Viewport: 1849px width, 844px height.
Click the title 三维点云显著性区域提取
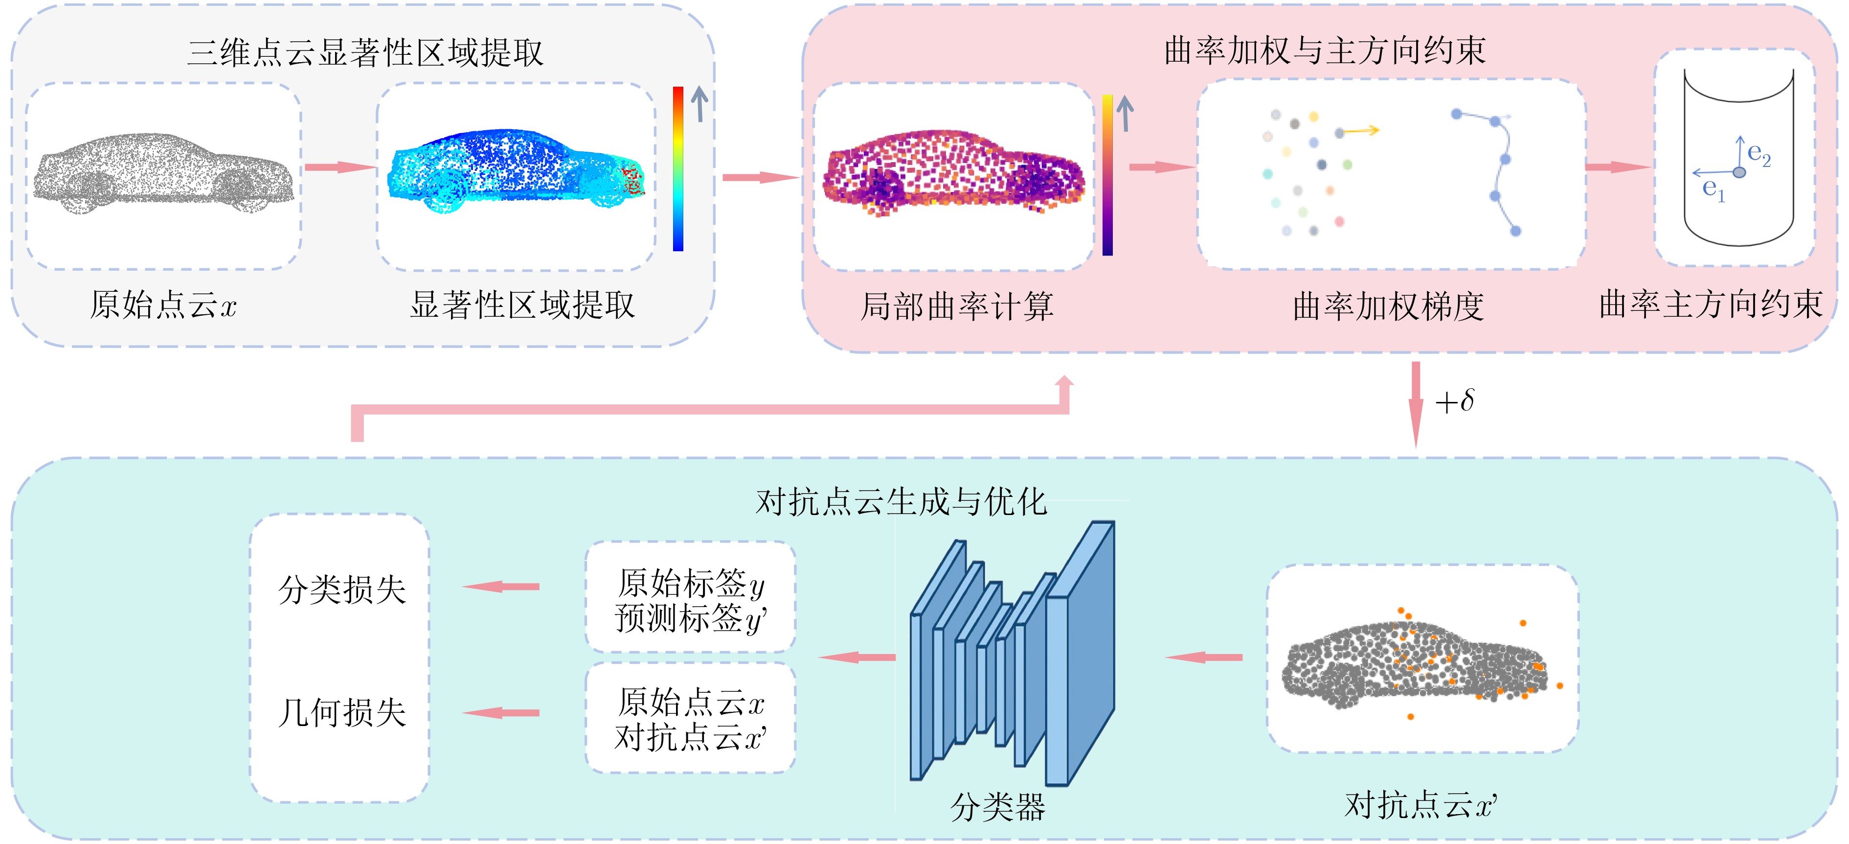[365, 52]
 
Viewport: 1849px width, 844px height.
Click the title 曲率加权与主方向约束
[1324, 50]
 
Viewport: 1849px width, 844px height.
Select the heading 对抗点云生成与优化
[902, 501]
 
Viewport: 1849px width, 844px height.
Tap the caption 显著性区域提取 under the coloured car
[522, 305]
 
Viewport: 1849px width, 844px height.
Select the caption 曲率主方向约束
[1711, 305]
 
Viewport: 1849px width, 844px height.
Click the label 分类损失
[341, 589]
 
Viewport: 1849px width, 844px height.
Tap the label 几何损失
[341, 712]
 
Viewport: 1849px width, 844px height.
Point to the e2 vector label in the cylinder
[1759, 154]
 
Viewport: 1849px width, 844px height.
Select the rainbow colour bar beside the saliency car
[677, 169]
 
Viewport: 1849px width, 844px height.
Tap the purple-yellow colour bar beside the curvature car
[1107, 175]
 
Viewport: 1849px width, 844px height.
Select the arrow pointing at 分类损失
[501, 587]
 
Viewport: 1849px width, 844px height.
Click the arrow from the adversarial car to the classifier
[1204, 657]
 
